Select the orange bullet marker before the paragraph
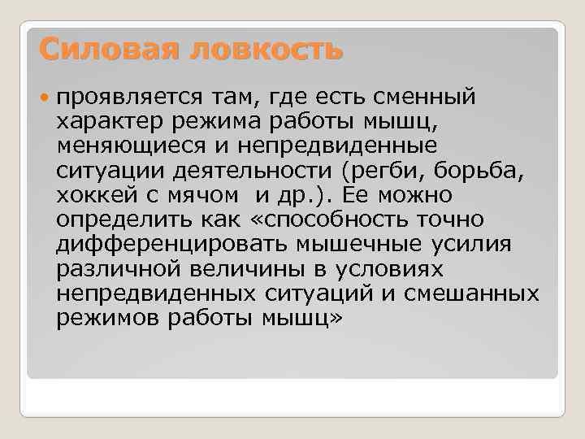click(x=45, y=99)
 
